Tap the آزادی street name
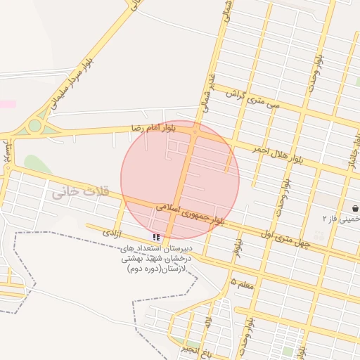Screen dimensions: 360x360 (x=112, y=231)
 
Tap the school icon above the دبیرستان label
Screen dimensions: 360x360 (x=155, y=238)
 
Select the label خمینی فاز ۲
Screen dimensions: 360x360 (x=340, y=219)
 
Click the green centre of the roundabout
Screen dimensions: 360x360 (x=34, y=126)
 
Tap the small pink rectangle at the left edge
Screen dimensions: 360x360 (x=7, y=104)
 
